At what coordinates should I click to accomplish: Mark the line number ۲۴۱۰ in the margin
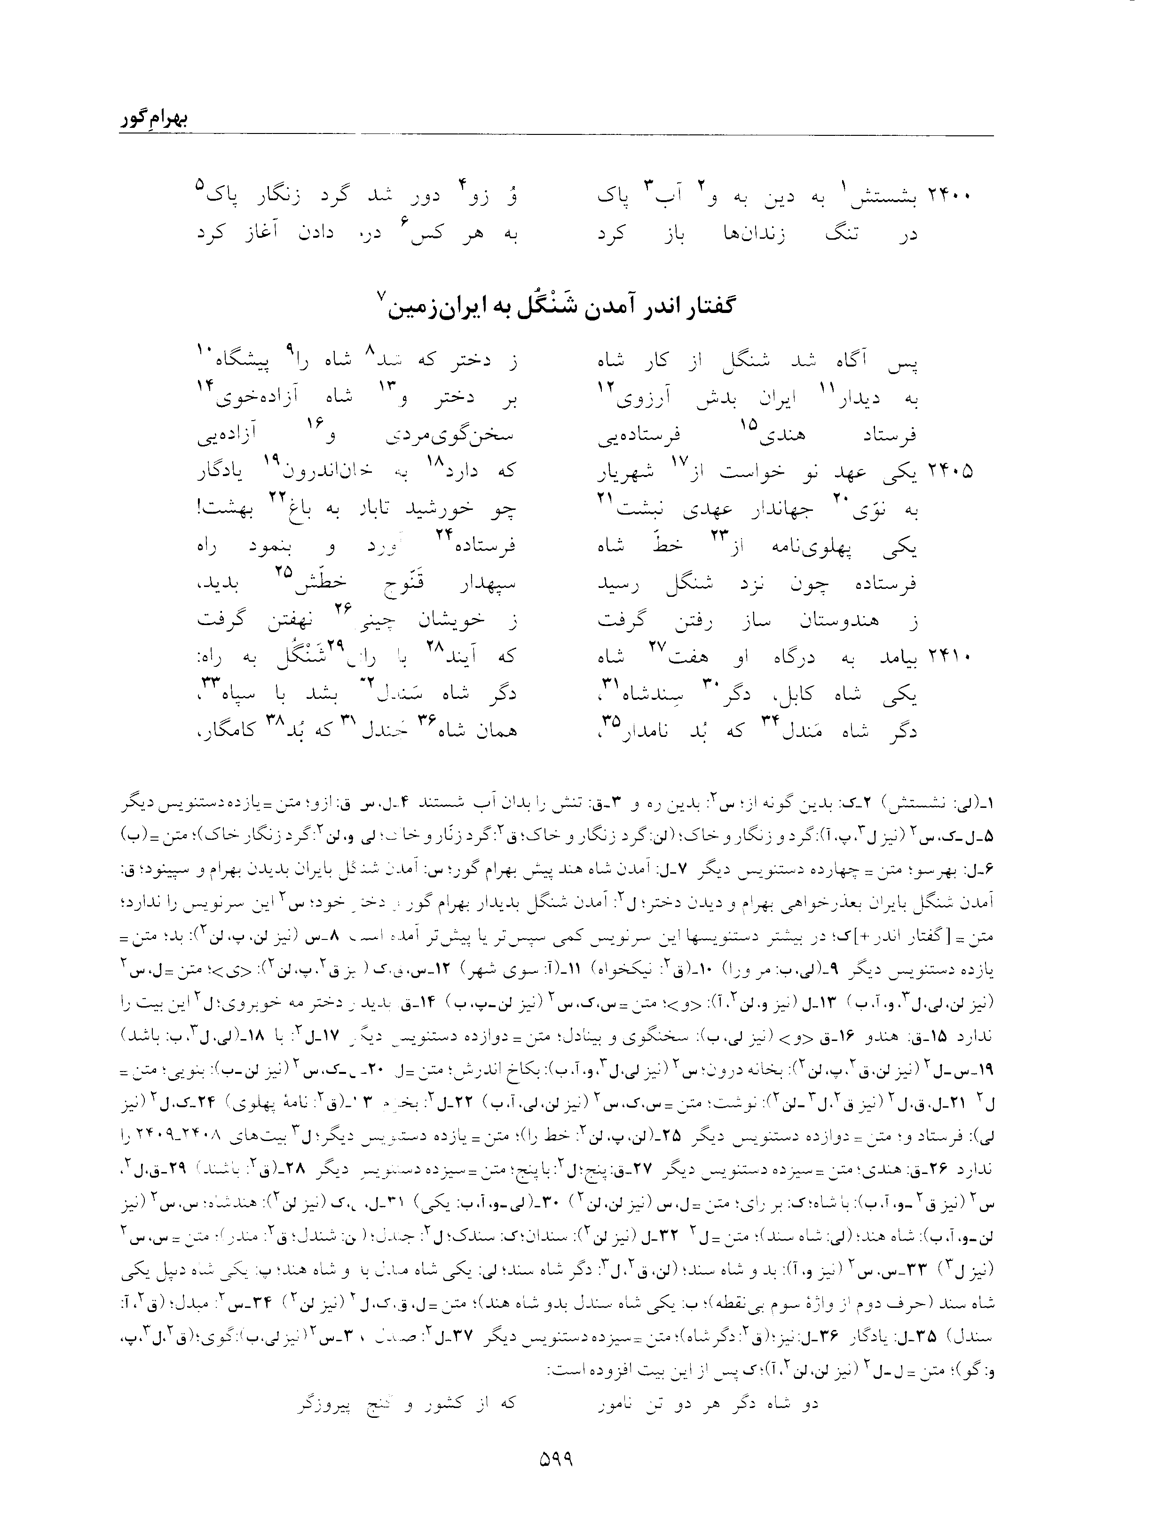(x=949, y=656)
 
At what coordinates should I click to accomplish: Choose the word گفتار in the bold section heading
(x=702, y=307)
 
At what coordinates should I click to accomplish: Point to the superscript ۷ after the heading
(x=379, y=297)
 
